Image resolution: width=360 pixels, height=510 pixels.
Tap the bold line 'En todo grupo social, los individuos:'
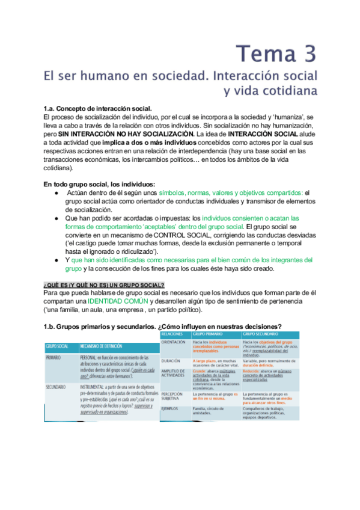point(100,183)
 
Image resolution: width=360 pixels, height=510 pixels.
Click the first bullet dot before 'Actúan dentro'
point(55,192)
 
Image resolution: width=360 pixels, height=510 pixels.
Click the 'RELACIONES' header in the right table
point(173,333)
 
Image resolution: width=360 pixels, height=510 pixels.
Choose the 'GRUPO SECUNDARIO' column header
point(261,333)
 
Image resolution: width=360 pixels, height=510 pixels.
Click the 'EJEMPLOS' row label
point(172,409)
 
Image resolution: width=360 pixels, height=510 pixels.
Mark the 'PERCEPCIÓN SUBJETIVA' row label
point(175,395)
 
